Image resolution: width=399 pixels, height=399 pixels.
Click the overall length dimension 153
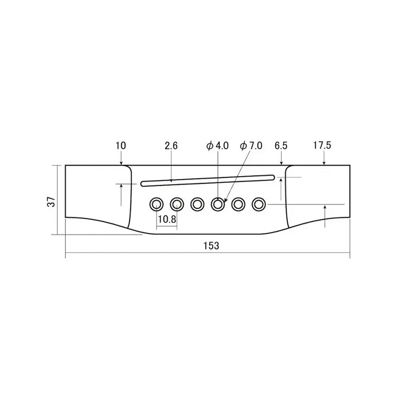[211, 246]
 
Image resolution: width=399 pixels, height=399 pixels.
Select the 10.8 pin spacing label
[167, 219]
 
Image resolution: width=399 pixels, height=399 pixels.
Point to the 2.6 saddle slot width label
[171, 146]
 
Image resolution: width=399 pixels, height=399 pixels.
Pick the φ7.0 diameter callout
[250, 146]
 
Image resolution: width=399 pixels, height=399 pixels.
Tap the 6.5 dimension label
[281, 146]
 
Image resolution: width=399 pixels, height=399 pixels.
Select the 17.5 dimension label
[322, 146]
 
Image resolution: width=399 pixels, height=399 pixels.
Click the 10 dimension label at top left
[121, 146]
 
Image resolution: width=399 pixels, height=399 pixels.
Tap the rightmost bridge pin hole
[258, 203]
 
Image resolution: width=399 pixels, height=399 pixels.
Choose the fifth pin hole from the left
[238, 203]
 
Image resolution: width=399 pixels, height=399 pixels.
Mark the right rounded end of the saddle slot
[272, 176]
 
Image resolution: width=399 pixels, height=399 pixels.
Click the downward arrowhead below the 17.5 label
[324, 163]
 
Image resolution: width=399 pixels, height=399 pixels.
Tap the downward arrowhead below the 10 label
[121, 163]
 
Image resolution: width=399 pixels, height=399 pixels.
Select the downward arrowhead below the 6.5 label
[282, 163]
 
